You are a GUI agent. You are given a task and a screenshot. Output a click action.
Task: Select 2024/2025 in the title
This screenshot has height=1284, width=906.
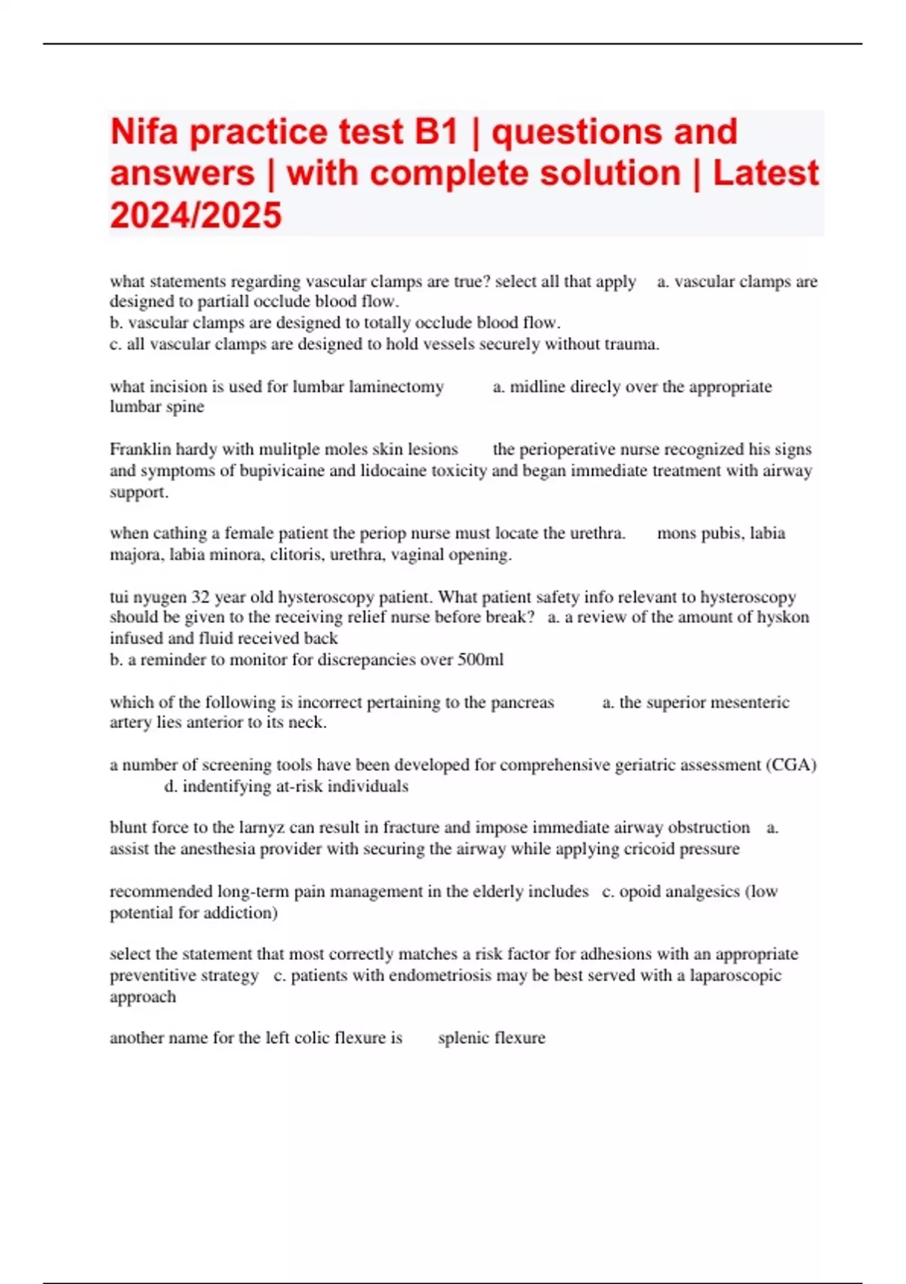(x=196, y=215)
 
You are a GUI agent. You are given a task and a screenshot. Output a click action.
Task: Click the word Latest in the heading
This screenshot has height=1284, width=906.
(x=766, y=174)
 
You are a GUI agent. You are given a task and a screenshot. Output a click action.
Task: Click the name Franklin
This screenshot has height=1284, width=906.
(x=141, y=449)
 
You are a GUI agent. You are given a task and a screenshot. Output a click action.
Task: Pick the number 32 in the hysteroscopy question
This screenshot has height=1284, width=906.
(x=200, y=597)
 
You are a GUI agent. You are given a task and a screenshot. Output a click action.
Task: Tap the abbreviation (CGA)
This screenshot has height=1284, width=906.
(x=791, y=765)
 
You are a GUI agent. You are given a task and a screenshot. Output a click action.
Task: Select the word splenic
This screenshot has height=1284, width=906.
(x=462, y=1038)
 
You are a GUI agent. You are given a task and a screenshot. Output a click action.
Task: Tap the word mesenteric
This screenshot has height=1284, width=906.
(x=742, y=702)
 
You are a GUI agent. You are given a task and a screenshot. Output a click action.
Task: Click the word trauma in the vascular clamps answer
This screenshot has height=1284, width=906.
(x=631, y=344)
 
